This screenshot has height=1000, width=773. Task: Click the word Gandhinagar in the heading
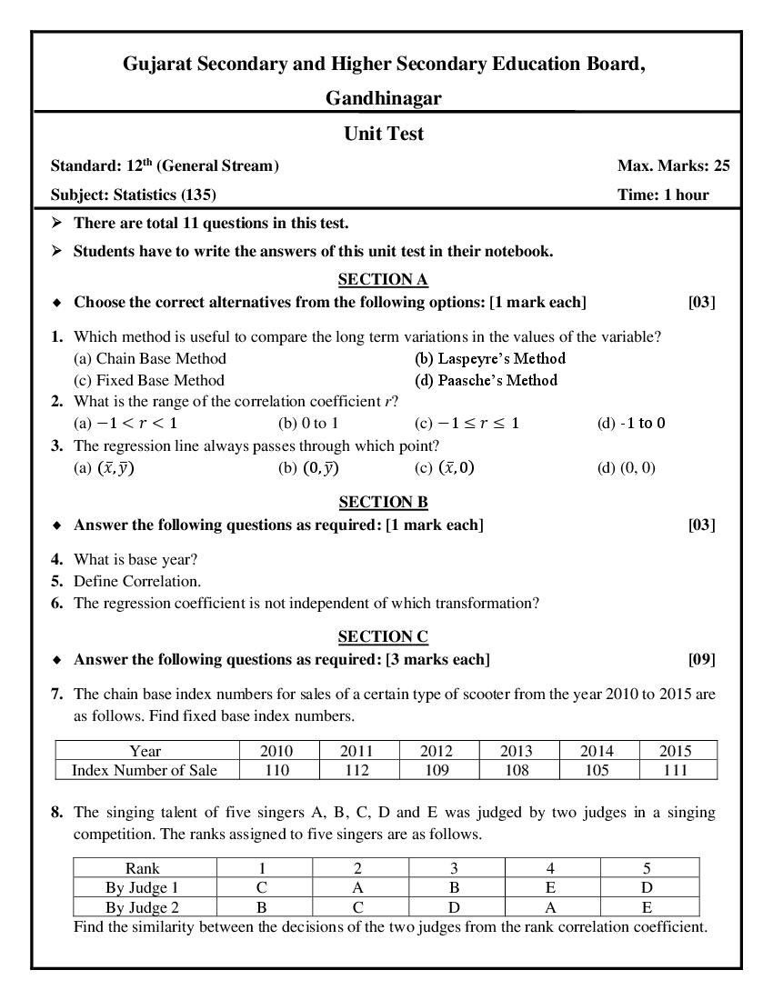tap(384, 98)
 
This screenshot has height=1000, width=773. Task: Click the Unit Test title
tap(384, 134)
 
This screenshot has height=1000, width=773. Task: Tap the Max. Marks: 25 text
tap(673, 165)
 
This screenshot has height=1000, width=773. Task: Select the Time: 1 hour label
tap(663, 194)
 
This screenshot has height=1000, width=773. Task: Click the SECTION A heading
tap(383, 279)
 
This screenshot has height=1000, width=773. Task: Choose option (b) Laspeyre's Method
tap(490, 358)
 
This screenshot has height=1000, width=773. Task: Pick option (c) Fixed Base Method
tap(148, 380)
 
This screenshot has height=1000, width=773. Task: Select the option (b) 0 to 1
tap(308, 423)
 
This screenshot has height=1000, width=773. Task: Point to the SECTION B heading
tap(383, 502)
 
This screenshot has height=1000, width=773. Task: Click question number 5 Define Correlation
tap(136, 581)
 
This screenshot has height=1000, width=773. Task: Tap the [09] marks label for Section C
tap(701, 659)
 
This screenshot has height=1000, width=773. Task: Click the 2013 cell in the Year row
tap(517, 751)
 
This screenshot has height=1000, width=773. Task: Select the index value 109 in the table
tap(437, 770)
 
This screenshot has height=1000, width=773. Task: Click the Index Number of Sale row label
tap(145, 770)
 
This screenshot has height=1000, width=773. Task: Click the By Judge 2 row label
tap(142, 907)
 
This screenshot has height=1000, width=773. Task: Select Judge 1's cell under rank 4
tap(550, 887)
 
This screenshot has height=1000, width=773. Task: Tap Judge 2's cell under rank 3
tap(454, 907)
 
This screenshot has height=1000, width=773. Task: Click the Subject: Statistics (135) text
tap(134, 194)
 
